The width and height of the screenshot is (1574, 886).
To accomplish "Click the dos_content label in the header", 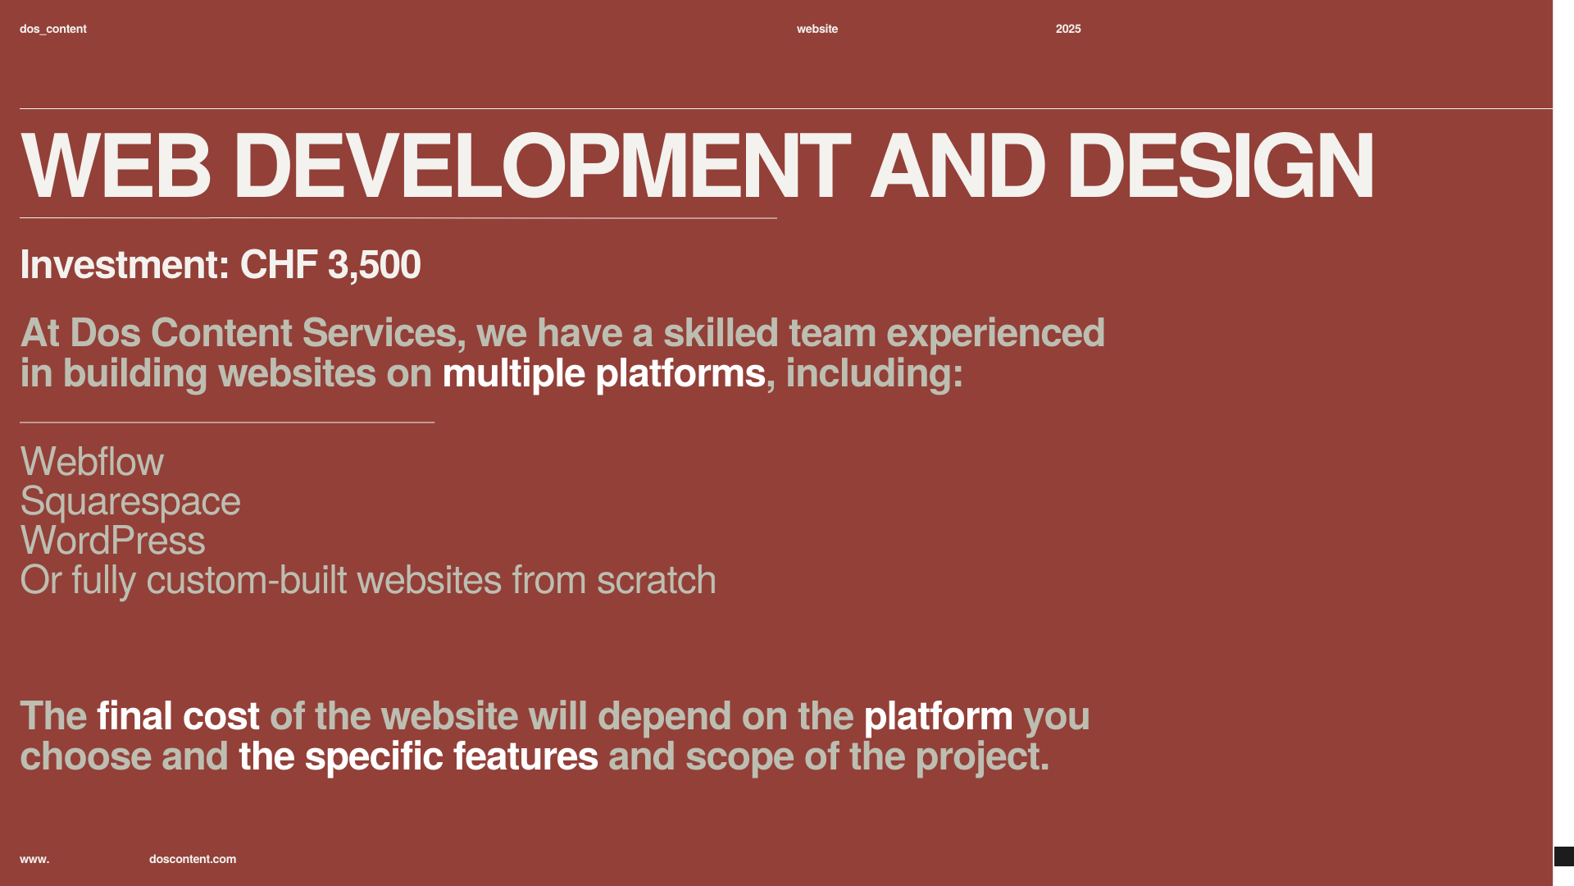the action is click(53, 29).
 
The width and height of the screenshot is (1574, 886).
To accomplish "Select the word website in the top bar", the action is click(817, 29).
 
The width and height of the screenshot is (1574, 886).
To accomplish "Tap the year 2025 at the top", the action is click(1068, 29).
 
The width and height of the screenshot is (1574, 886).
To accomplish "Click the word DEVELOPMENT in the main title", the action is click(542, 167).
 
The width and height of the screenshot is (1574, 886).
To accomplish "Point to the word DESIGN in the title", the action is click(1220, 167).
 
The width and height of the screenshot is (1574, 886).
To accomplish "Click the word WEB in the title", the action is click(116, 167).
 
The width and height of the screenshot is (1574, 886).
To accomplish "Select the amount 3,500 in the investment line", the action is click(374, 265).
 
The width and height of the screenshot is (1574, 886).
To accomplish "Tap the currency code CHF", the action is click(279, 265).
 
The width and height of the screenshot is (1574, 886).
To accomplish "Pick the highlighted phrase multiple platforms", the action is click(603, 374).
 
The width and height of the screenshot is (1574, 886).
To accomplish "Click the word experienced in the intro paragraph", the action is click(995, 334).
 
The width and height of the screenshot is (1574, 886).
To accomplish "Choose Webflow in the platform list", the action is click(92, 462).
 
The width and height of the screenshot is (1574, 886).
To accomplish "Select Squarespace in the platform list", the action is click(130, 502).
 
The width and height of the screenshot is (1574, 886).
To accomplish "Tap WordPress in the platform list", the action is click(112, 541).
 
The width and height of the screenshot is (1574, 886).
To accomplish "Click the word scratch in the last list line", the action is click(656, 580).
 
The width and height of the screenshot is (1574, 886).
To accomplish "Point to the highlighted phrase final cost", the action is click(178, 716).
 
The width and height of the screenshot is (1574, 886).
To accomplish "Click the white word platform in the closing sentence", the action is click(939, 717).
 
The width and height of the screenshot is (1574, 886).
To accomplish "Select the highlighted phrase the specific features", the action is click(418, 756).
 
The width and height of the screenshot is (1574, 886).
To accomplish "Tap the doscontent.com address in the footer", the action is click(193, 859).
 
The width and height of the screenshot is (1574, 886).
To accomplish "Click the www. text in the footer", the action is click(34, 859).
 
